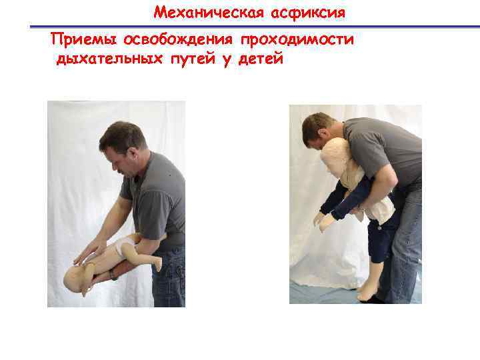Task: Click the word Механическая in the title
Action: click(209, 13)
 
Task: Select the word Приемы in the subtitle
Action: click(83, 40)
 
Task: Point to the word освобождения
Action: click(178, 40)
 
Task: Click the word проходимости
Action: click(297, 40)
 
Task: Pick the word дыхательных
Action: click(109, 59)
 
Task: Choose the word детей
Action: click(261, 59)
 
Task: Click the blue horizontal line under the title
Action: click(255, 27)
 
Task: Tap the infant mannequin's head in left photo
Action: click(75, 279)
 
